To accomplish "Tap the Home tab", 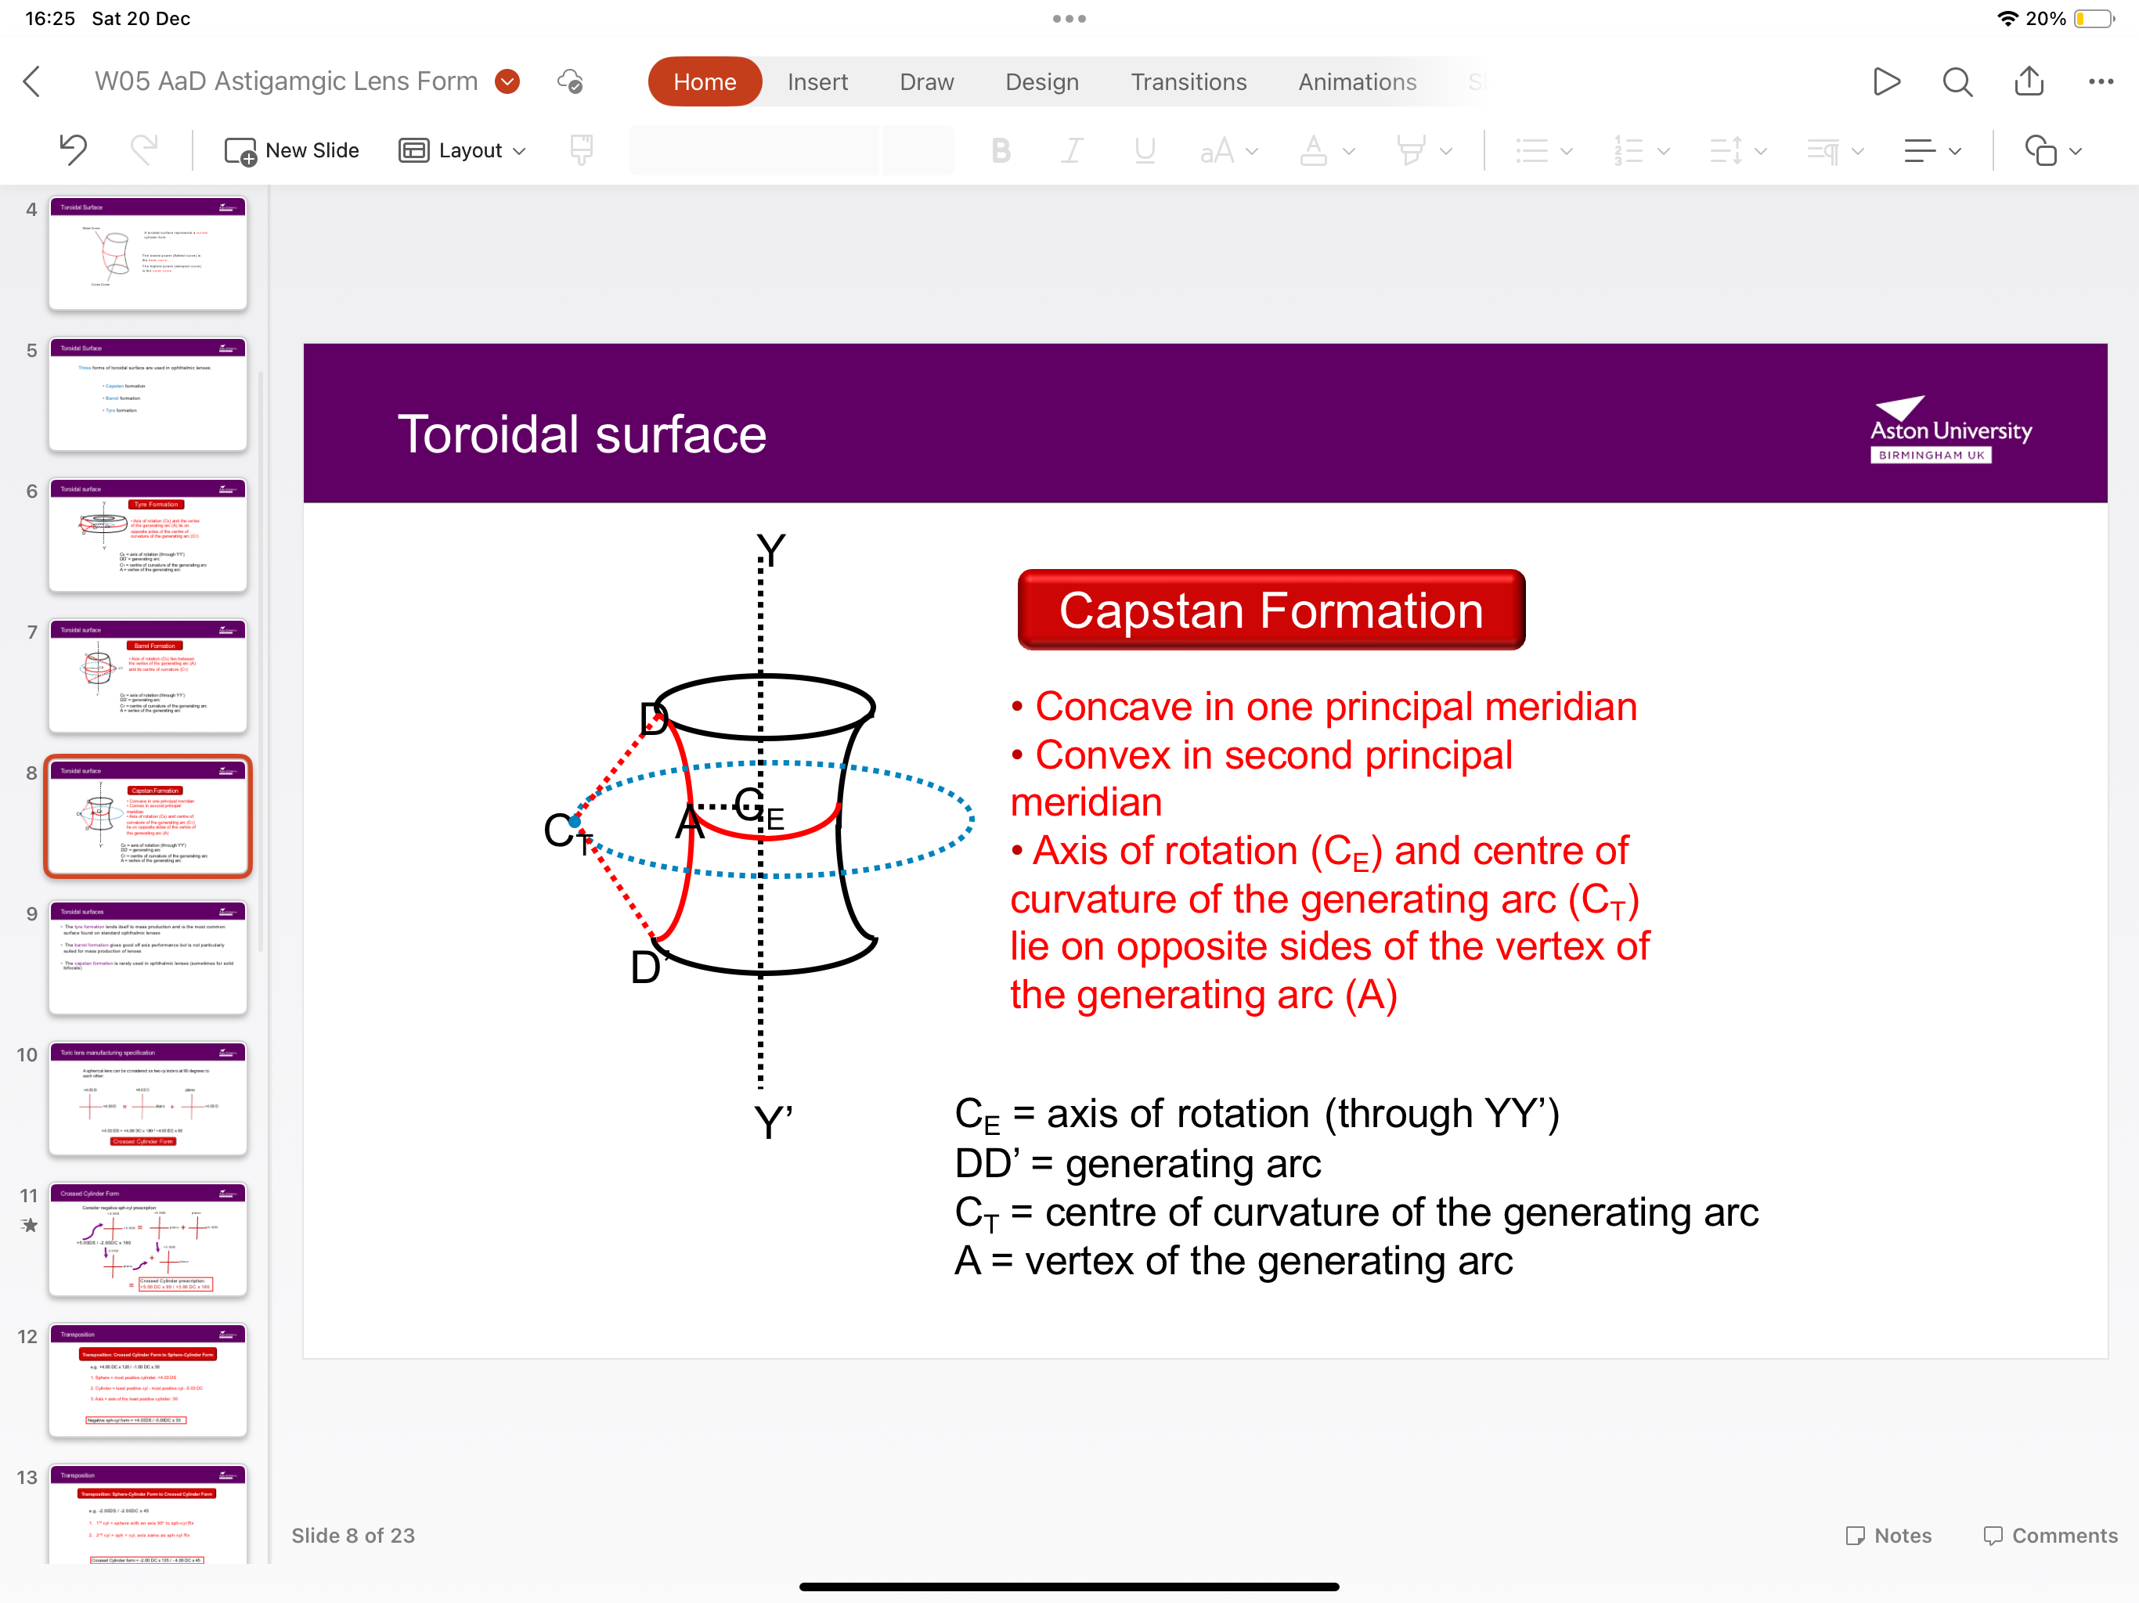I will [x=704, y=82].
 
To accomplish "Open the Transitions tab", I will [x=1189, y=82].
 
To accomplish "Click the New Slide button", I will [x=292, y=151].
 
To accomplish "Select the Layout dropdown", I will [x=462, y=151].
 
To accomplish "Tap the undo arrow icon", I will [x=73, y=149].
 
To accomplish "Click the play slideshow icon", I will [x=1885, y=82].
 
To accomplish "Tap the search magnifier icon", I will [x=1957, y=82].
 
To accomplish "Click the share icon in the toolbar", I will [x=2029, y=82].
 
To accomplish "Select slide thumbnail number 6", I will [x=148, y=535].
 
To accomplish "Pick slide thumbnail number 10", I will [x=148, y=1098].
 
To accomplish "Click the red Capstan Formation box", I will [x=1271, y=610].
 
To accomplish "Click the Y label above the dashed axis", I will [x=770, y=550].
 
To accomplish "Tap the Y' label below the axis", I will [x=773, y=1122].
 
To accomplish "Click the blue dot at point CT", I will [x=575, y=822].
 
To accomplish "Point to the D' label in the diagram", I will [x=647, y=967].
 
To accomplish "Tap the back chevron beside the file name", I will [x=32, y=82].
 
